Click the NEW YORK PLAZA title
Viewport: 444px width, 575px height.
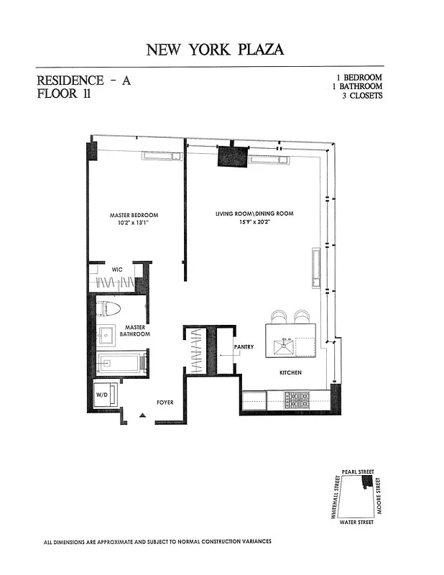point(215,50)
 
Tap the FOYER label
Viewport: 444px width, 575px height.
point(165,402)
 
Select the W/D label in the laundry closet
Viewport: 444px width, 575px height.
point(101,395)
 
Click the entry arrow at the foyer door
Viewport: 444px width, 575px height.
point(143,415)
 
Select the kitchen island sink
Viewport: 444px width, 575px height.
point(284,347)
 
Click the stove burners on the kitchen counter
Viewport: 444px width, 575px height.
point(297,400)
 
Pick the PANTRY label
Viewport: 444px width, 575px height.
point(244,346)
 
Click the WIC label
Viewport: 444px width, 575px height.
point(117,270)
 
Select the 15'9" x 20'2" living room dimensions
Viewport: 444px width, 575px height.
point(253,221)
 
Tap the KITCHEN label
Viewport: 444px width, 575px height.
point(291,372)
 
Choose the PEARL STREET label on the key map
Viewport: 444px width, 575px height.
point(358,471)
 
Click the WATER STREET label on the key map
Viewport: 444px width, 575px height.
point(356,522)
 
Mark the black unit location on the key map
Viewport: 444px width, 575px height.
point(367,482)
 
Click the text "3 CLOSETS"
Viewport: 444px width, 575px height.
point(362,96)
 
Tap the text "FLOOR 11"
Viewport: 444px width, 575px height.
point(64,93)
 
